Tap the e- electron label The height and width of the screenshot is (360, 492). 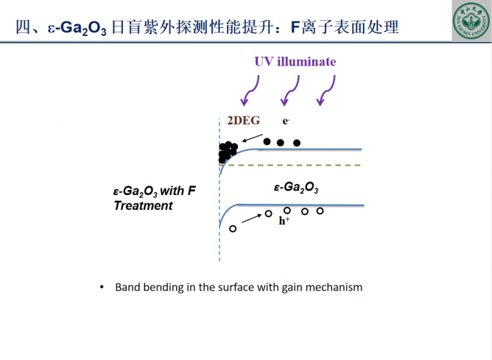pyautogui.click(x=287, y=121)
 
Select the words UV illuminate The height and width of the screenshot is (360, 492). pyautogui.click(x=295, y=61)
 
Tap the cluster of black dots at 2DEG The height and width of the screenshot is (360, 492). pyautogui.click(x=227, y=151)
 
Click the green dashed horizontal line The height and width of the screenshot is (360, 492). pyautogui.click(x=295, y=166)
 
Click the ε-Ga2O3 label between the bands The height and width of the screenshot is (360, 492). pyautogui.click(x=296, y=188)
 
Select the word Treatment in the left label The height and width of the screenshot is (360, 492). pyautogui.click(x=143, y=206)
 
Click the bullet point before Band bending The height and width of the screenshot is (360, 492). pyautogui.click(x=102, y=287)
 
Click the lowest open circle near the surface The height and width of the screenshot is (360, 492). pyautogui.click(x=233, y=229)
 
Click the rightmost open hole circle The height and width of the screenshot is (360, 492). pyautogui.click(x=320, y=211)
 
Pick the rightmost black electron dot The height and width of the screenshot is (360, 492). pyautogui.click(x=297, y=143)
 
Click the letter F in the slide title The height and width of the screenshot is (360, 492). pyautogui.click(x=295, y=27)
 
